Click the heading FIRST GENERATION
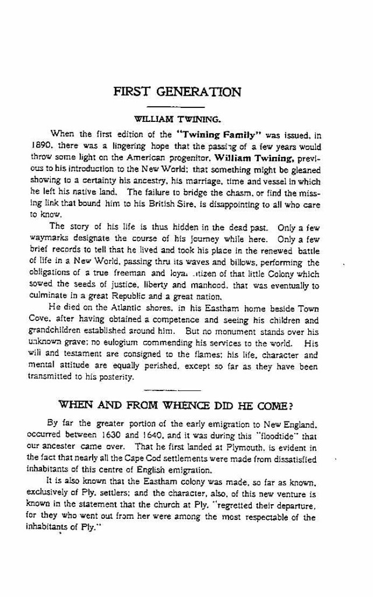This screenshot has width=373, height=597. click(177, 92)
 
